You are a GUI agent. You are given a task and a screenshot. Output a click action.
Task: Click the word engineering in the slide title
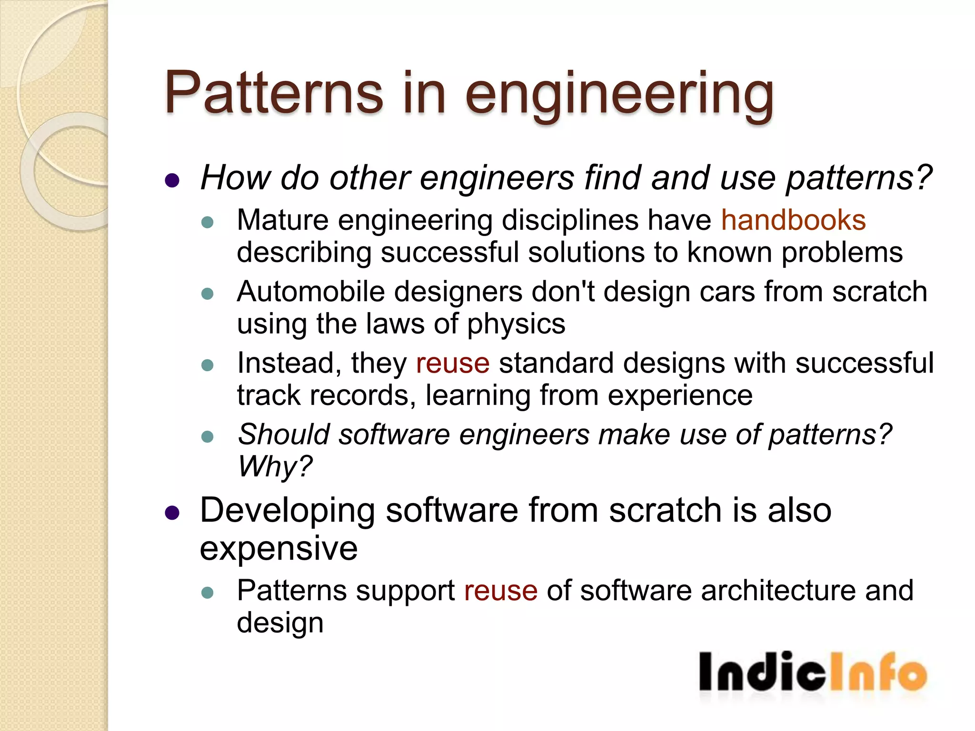pyautogui.click(x=619, y=95)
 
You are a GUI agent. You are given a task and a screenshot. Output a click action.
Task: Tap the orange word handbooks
pyautogui.click(x=793, y=220)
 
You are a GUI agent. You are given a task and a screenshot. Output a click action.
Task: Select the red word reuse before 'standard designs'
pyautogui.click(x=453, y=364)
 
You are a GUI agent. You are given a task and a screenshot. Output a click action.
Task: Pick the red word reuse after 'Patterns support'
pyautogui.click(x=501, y=591)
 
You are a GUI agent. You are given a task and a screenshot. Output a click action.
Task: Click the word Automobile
pyautogui.click(x=310, y=292)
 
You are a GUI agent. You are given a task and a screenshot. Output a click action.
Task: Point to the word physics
pyautogui.click(x=516, y=325)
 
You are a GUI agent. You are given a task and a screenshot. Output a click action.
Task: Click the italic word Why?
pyautogui.click(x=275, y=466)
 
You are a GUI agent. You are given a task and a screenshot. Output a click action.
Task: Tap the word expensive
pyautogui.click(x=279, y=548)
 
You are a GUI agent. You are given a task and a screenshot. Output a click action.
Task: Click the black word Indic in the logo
pyautogui.click(x=762, y=672)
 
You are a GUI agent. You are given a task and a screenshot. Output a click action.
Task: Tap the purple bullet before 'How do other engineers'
pyautogui.click(x=172, y=180)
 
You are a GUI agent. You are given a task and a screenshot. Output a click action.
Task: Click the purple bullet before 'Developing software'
pyautogui.click(x=172, y=513)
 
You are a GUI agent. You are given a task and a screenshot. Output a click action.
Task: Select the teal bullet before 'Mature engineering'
pyautogui.click(x=208, y=222)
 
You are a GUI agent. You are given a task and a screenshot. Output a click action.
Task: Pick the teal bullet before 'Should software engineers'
pyautogui.click(x=208, y=436)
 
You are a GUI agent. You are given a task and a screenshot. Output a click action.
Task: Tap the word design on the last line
pyautogui.click(x=280, y=623)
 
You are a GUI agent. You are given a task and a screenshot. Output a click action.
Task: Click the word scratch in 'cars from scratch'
pyautogui.click(x=879, y=292)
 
